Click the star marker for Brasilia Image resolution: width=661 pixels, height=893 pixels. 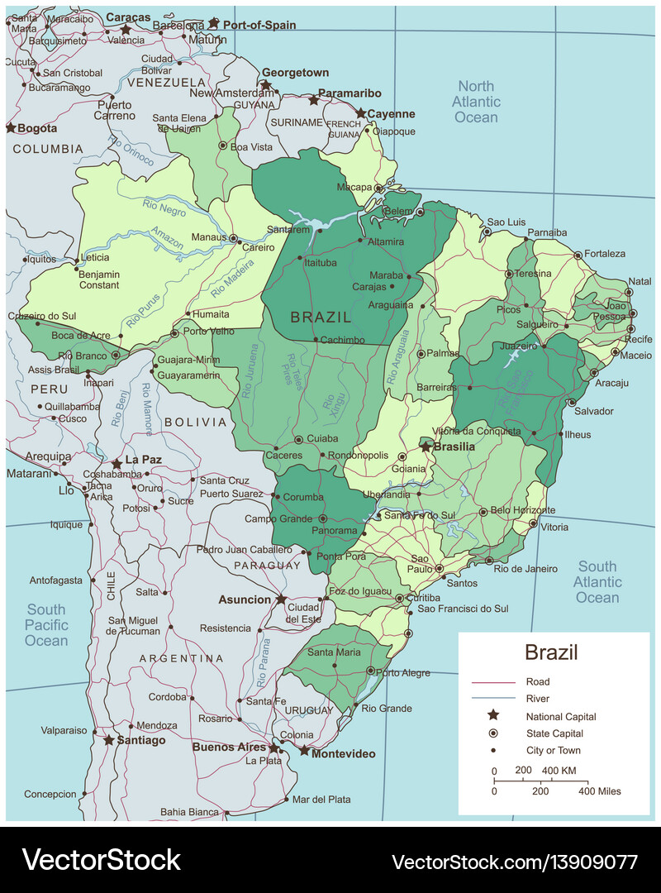tap(426, 446)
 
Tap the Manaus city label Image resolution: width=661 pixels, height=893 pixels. tap(209, 237)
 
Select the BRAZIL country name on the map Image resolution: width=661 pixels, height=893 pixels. tap(321, 317)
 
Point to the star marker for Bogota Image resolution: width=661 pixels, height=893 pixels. tap(11, 128)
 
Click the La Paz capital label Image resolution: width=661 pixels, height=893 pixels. tap(142, 460)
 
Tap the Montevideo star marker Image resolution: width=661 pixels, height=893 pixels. tap(304, 751)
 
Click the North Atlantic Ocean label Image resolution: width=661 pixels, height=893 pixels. tap(477, 102)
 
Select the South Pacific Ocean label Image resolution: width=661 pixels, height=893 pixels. tap(46, 625)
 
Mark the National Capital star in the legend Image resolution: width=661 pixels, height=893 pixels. tap(493, 716)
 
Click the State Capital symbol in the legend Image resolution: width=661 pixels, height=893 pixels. tap(493, 733)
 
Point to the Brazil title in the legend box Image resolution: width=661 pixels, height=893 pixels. tap(551, 652)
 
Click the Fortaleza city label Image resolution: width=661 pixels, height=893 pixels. tap(605, 254)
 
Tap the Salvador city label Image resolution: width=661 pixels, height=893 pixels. tap(593, 411)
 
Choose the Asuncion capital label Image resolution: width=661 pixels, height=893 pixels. tap(245, 599)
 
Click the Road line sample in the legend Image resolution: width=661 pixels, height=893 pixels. tap(492, 682)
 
